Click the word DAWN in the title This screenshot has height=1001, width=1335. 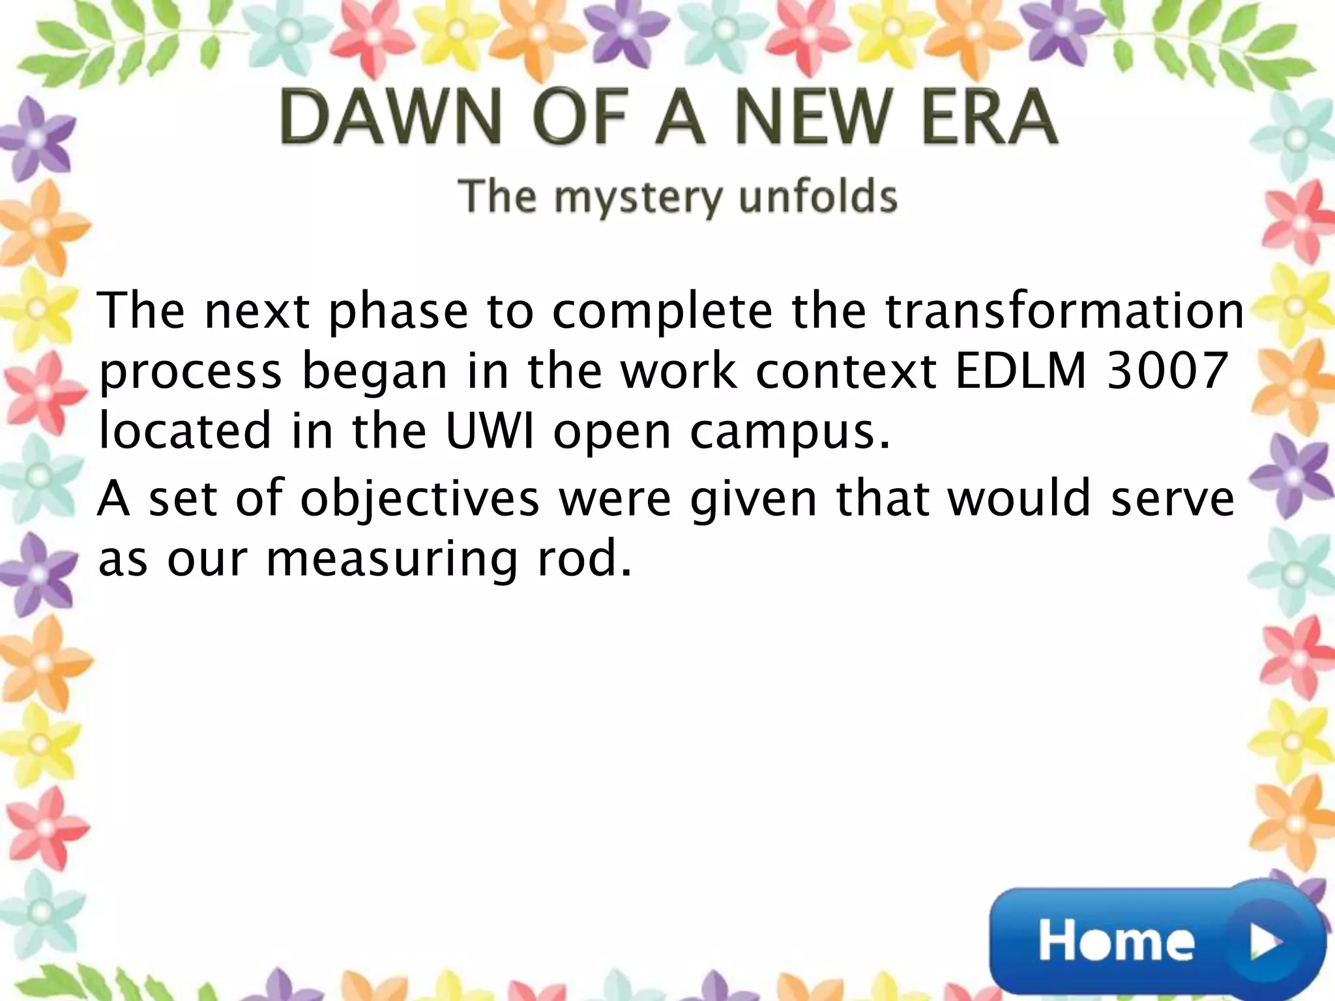pos(390,118)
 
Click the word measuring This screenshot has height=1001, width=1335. pos(391,559)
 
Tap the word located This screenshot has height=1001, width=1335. pos(184,431)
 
